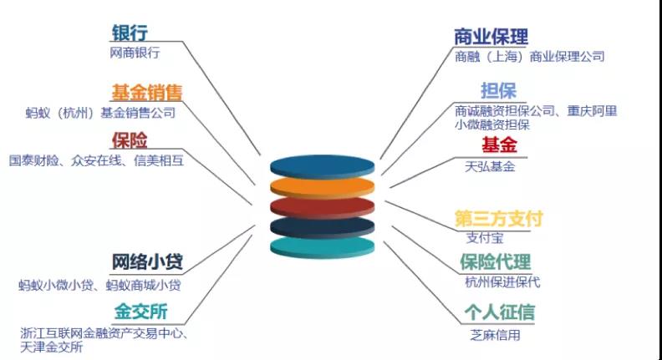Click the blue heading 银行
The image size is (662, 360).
click(130, 33)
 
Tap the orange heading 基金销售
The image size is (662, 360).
click(146, 93)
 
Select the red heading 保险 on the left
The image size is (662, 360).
click(130, 140)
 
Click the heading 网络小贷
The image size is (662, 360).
click(147, 261)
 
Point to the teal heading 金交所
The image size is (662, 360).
click(141, 312)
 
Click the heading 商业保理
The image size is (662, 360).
click(491, 37)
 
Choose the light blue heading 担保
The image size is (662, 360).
click(499, 91)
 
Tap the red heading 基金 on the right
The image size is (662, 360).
click(500, 145)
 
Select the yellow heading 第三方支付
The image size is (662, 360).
click(499, 219)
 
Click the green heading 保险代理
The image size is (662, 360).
click(496, 261)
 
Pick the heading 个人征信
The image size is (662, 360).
click(500, 312)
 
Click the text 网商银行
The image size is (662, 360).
click(135, 53)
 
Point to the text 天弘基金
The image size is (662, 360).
click(490, 167)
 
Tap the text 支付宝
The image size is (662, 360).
click(485, 237)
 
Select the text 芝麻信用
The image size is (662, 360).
click(495, 335)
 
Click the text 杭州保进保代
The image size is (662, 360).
click(502, 282)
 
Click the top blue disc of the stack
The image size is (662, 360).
click(322, 167)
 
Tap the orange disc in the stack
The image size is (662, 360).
click(322, 188)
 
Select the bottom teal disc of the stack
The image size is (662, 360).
click(322, 248)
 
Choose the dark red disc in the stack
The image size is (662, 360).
click(322, 208)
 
